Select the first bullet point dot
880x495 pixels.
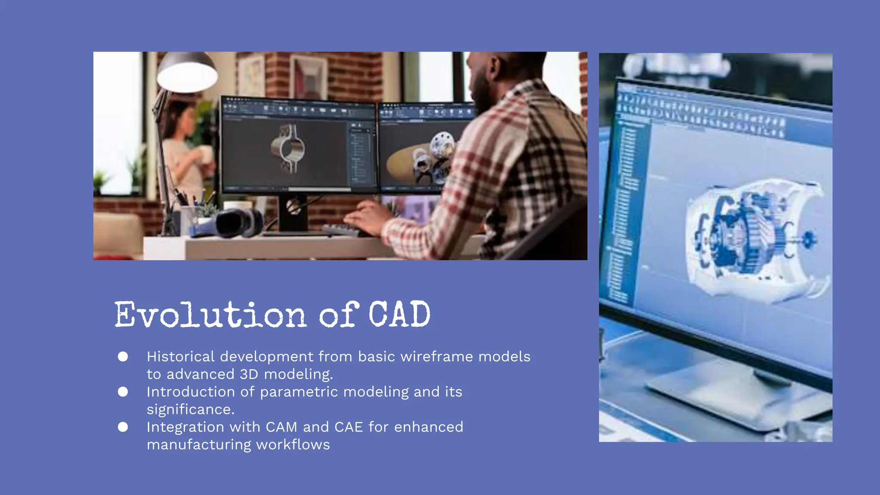click(x=123, y=357)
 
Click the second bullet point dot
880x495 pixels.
click(x=123, y=392)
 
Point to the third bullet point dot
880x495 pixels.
click(x=123, y=427)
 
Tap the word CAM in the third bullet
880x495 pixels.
click(x=281, y=427)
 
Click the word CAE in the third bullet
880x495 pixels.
click(x=348, y=427)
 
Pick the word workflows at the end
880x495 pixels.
click(x=293, y=445)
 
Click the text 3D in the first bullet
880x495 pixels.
click(x=249, y=374)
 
